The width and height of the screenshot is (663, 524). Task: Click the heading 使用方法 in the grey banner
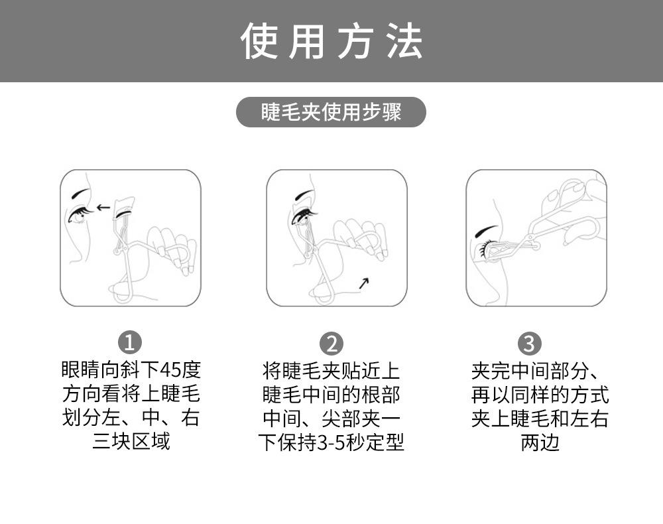tap(331, 41)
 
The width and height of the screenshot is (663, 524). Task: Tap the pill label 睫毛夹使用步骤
tap(331, 112)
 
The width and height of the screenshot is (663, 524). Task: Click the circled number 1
tap(129, 342)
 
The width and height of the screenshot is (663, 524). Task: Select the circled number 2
tap(331, 344)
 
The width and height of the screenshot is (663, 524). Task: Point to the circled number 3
tap(529, 344)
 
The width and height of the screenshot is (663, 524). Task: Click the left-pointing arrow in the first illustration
tap(103, 208)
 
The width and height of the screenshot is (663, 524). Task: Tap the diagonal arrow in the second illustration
tap(363, 283)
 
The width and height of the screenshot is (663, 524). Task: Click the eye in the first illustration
tap(78, 216)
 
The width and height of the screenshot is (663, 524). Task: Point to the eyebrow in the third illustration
tap(486, 230)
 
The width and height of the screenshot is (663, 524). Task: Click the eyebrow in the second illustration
tap(304, 195)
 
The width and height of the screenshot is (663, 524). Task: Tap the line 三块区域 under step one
tap(131, 441)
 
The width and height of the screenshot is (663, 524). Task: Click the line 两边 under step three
tap(540, 443)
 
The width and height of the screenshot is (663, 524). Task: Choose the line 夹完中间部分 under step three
tap(530, 371)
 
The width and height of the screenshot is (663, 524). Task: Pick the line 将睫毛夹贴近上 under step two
tap(331, 371)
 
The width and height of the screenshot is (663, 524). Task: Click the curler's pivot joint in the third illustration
tap(536, 245)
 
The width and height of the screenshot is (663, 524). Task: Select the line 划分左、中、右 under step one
tap(131, 417)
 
